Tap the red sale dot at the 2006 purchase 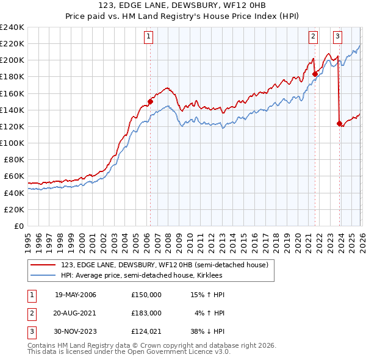point(150,102)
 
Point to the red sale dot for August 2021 point(315,74)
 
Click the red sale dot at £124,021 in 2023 point(339,123)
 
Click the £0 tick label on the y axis point(19,226)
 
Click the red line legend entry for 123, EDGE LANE point(164,265)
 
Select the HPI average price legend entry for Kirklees point(141,276)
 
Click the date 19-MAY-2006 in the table point(75,295)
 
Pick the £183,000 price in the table point(146,312)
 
